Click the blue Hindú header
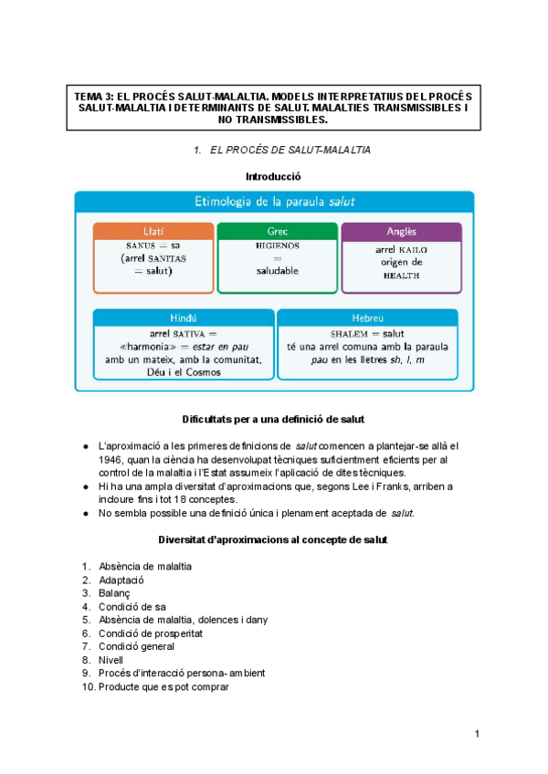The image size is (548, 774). click(184, 318)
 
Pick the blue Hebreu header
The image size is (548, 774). click(369, 318)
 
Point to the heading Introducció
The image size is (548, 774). click(273, 175)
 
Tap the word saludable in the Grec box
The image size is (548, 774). click(277, 271)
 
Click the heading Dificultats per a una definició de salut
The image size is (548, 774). click(273, 420)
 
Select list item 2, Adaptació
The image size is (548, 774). click(122, 580)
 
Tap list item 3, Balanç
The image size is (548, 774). click(116, 593)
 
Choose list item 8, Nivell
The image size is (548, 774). click(113, 660)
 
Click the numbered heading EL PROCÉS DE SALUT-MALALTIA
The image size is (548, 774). click(287, 149)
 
